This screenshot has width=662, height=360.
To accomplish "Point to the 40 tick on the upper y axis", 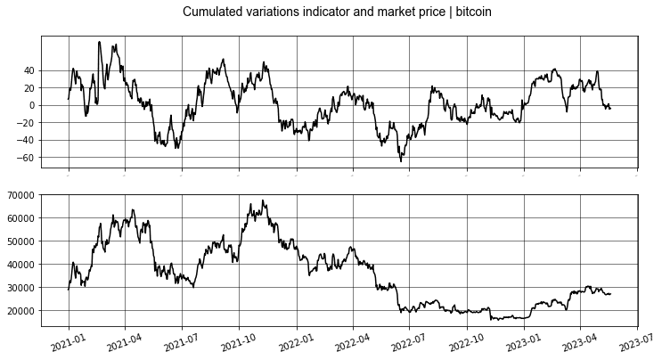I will pyautogui.click(x=54, y=70).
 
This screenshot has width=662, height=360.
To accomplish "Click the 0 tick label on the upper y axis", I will pyautogui.click(x=57, y=105).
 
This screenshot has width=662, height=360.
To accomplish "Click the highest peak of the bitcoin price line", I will pyautogui.click(x=263, y=200).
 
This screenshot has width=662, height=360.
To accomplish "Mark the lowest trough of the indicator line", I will pyautogui.click(x=401, y=160).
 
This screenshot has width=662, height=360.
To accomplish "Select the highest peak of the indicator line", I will pyautogui.click(x=99, y=42).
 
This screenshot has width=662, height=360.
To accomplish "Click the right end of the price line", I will pyautogui.click(x=610, y=293).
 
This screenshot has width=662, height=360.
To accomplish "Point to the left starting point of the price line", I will pyautogui.click(x=69, y=290).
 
